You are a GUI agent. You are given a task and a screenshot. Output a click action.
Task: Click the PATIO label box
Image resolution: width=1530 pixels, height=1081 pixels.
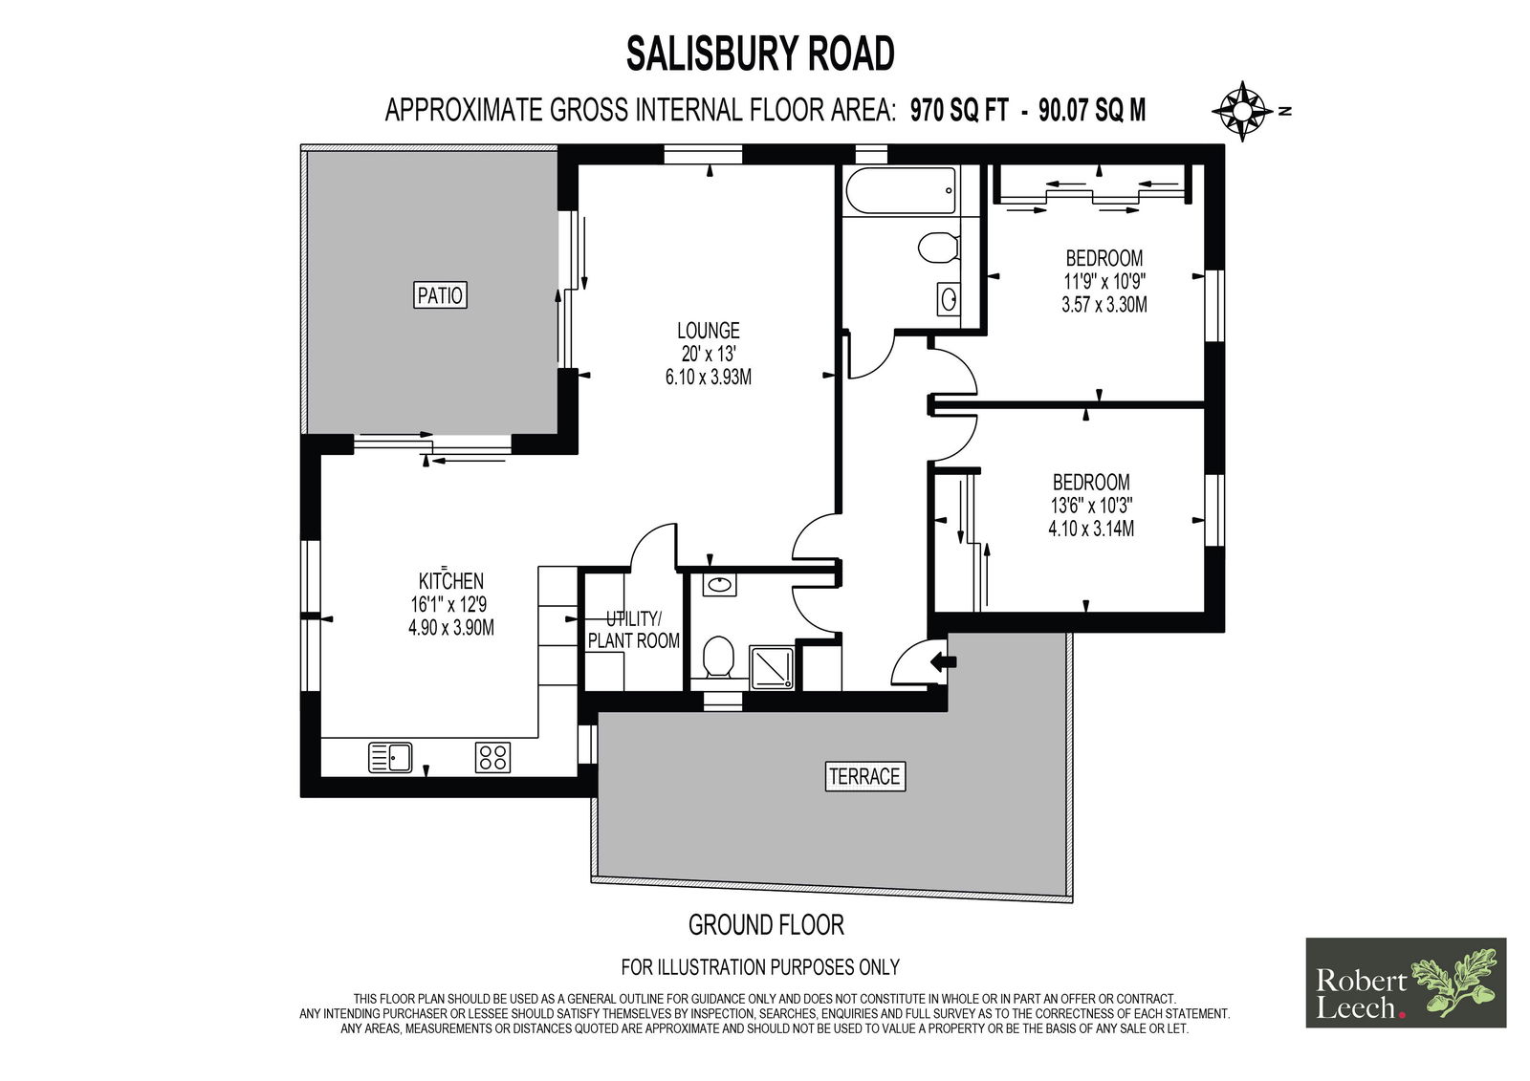click(x=440, y=295)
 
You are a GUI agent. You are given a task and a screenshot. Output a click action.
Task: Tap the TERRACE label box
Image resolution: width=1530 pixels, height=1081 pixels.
click(x=864, y=776)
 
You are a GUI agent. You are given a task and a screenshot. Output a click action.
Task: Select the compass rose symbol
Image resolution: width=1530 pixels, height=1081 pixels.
click(x=1242, y=111)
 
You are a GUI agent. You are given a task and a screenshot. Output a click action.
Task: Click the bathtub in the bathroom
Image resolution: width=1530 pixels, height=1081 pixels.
click(x=901, y=190)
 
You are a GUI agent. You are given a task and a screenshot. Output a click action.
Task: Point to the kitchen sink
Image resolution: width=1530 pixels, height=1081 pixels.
click(x=390, y=757)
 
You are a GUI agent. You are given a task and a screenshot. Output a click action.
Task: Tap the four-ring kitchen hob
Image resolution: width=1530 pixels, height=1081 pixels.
click(x=492, y=757)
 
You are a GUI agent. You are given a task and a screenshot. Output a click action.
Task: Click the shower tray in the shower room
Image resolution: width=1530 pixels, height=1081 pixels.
click(x=772, y=667)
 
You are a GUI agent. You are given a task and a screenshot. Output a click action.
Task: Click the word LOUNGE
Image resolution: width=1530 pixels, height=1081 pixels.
click(x=709, y=331)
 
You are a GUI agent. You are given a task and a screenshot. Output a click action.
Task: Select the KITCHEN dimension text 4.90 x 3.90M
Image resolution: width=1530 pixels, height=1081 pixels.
click(x=450, y=628)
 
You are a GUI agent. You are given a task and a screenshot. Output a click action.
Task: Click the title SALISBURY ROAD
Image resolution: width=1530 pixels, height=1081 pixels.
click(x=760, y=54)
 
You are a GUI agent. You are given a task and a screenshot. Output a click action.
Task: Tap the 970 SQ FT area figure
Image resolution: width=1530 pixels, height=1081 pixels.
click(x=959, y=110)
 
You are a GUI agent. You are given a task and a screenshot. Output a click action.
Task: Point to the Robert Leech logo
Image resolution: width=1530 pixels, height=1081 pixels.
click(x=1406, y=983)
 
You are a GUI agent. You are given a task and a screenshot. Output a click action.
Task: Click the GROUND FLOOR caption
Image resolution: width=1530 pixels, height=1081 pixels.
click(x=766, y=925)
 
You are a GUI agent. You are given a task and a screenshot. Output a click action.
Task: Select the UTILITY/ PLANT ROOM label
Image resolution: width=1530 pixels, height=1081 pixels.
click(x=634, y=630)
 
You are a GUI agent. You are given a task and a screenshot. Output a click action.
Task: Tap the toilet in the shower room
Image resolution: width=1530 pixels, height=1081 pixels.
click(x=718, y=659)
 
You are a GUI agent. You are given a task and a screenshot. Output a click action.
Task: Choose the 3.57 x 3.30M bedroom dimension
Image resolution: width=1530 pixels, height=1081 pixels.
click(x=1104, y=305)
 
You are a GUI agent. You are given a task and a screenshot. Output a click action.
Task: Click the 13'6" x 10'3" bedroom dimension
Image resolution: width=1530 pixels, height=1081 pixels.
click(x=1091, y=506)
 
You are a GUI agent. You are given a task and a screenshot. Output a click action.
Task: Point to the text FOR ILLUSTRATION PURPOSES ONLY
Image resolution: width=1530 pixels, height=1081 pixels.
click(x=760, y=967)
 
